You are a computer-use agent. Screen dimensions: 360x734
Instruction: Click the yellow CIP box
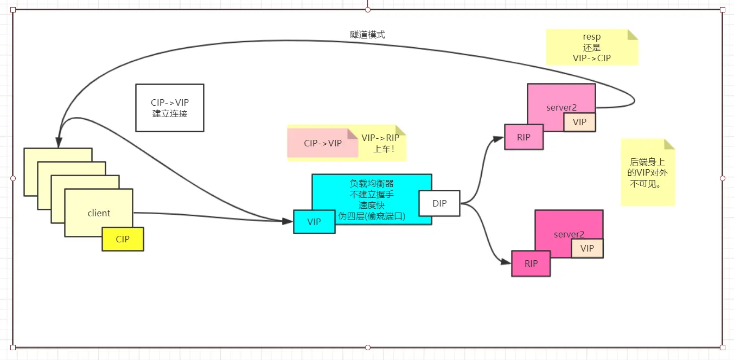pos(123,239)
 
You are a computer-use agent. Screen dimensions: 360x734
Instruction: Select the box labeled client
pos(99,213)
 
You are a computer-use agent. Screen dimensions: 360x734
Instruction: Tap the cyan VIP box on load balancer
pos(314,222)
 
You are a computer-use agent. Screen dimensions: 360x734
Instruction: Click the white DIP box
pos(439,203)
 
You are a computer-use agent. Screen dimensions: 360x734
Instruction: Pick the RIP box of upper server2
pos(524,137)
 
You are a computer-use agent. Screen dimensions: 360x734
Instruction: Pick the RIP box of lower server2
pos(531,263)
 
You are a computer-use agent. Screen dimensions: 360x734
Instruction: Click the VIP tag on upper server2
pos(579,122)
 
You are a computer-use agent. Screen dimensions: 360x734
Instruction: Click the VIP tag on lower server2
pos(587,248)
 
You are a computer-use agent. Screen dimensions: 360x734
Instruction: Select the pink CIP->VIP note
pos(323,143)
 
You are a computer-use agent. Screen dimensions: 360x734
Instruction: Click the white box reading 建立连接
pos(170,108)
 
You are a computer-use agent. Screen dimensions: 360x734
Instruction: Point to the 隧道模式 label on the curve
pos(368,34)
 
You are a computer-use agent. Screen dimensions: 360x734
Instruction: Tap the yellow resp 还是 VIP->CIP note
pos(591,48)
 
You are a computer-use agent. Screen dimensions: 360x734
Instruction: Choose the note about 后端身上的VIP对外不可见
pos(647,172)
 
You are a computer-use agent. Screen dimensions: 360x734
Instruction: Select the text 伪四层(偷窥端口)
pos(371,216)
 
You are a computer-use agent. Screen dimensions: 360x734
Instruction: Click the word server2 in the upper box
pos(561,107)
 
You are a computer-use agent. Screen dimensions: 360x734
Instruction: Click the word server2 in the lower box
pos(569,234)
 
